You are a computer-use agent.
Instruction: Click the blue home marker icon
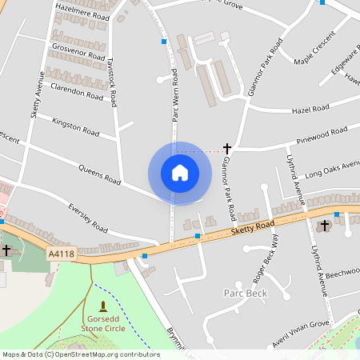coord(179,172)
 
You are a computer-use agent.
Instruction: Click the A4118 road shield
coord(61,254)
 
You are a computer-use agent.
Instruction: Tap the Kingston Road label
coord(74,126)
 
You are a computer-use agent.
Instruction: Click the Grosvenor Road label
coord(78,52)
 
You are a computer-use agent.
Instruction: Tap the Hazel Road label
coord(310,109)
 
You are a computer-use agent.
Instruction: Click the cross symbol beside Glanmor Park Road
coord(227,149)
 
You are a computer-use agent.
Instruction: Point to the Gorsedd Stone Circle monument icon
coord(102,306)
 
